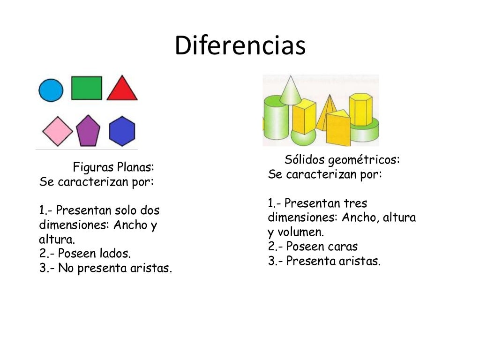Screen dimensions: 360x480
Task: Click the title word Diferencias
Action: tap(240, 46)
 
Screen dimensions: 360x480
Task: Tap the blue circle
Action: tap(51, 90)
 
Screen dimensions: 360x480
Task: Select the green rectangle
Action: tap(87, 88)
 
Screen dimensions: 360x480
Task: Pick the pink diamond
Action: tap(58, 131)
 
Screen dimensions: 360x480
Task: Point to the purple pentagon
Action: tap(88, 131)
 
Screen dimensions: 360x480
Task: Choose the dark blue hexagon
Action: tap(122, 131)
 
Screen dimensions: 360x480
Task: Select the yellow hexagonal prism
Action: tap(360, 110)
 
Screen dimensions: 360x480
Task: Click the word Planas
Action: tap(135, 167)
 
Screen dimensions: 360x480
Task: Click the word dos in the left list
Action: tap(150, 210)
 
